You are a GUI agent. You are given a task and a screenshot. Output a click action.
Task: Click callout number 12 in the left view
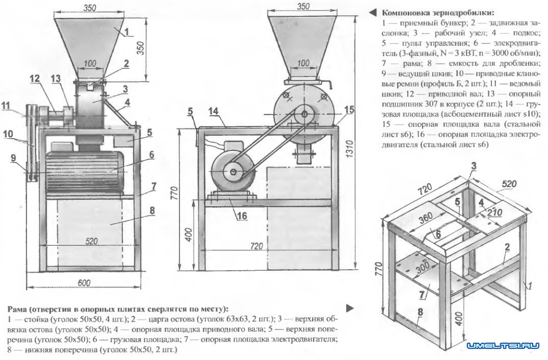tap(35, 79)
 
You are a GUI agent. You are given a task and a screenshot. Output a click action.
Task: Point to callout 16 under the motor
tap(242, 216)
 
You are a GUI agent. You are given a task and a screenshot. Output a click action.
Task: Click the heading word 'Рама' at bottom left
tap(18, 309)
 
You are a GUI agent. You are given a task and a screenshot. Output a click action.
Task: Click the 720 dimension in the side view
tap(257, 246)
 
